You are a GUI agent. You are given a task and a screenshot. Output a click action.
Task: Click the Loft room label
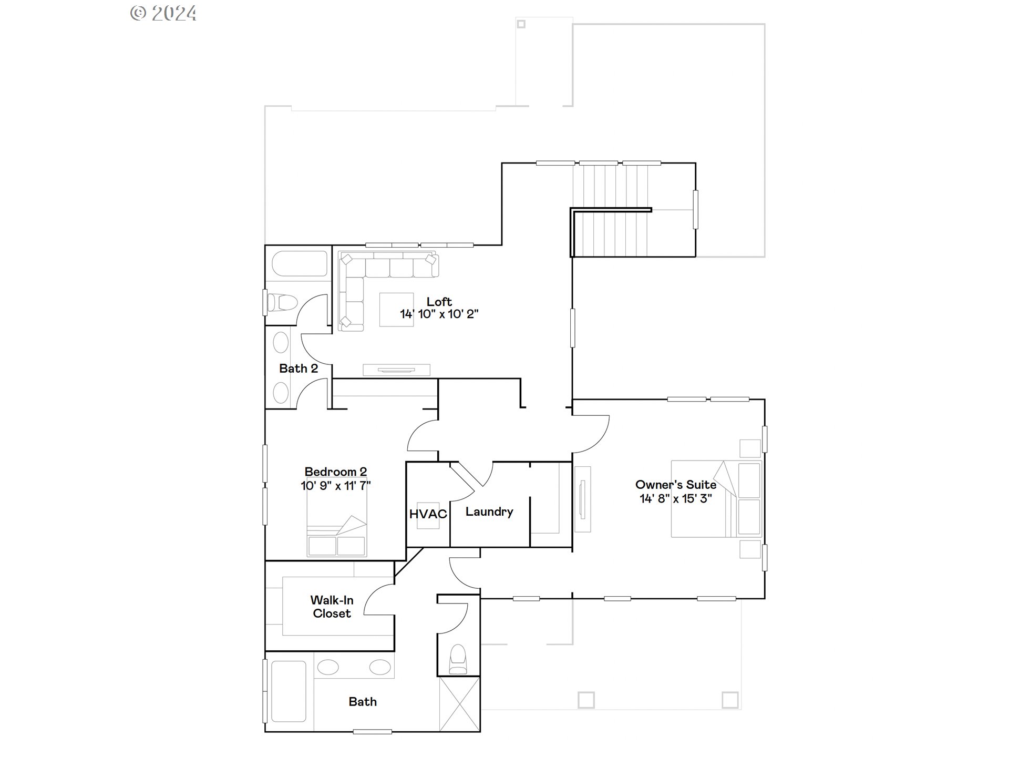(439, 302)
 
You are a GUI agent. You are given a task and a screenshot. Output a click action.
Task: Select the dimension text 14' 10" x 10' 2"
(439, 314)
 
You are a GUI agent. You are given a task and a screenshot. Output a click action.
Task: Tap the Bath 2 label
(298, 369)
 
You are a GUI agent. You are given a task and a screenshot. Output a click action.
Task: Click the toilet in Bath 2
(282, 303)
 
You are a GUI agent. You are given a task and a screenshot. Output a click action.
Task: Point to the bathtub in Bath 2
(298, 263)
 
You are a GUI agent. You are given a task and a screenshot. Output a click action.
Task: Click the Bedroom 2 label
(335, 472)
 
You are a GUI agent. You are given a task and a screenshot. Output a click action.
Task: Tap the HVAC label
(428, 514)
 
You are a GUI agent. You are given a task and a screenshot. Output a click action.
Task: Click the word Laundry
(489, 512)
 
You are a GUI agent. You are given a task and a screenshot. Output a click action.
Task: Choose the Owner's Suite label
(675, 485)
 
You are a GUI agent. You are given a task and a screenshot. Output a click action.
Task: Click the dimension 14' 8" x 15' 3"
(675, 498)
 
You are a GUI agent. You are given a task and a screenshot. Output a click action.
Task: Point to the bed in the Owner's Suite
(716, 499)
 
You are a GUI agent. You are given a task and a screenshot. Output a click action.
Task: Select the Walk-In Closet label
(332, 607)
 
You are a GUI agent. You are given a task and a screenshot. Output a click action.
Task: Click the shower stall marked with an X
(459, 704)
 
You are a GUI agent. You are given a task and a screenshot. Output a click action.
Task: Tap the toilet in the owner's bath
(458, 659)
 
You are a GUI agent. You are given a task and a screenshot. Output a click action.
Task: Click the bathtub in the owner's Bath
(288, 691)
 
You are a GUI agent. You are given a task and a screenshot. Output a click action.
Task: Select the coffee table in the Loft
(396, 310)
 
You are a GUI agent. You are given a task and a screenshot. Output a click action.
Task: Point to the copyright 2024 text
(163, 13)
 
